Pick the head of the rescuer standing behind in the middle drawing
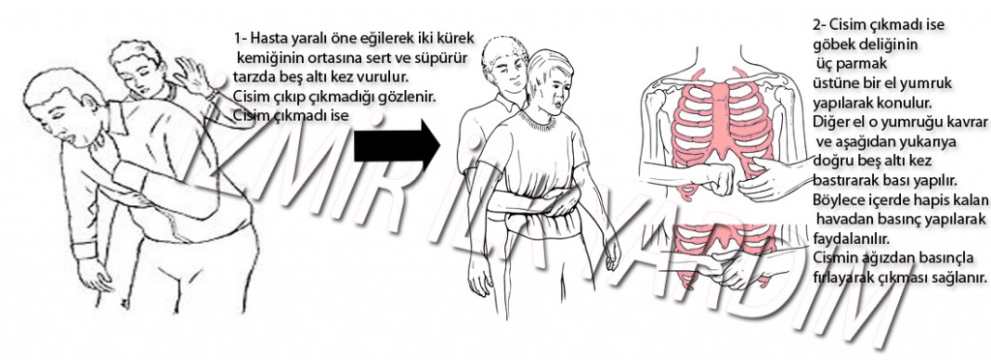[504, 60]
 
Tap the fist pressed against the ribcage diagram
[717, 180]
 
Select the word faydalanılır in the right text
[853, 240]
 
